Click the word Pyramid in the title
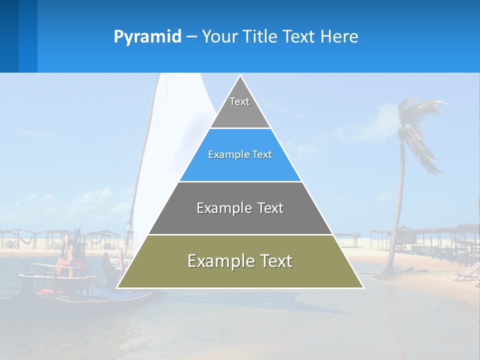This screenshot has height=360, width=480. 147,37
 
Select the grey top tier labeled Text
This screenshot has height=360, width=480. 240,107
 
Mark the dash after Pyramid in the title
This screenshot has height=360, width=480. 191,37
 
